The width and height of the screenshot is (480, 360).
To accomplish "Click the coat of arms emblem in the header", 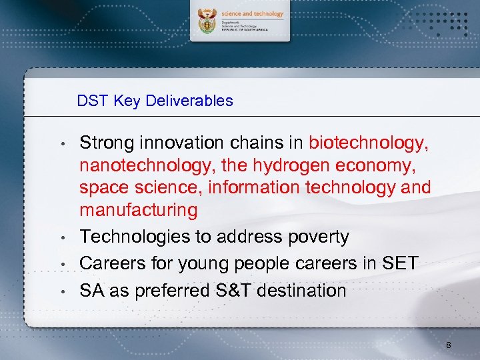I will point(207,23).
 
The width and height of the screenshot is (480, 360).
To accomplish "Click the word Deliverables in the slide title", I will point(189,101).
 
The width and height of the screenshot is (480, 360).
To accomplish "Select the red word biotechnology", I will point(368,143).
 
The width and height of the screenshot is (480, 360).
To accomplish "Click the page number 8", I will point(449,345).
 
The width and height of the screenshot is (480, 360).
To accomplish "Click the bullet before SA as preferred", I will point(61,291).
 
